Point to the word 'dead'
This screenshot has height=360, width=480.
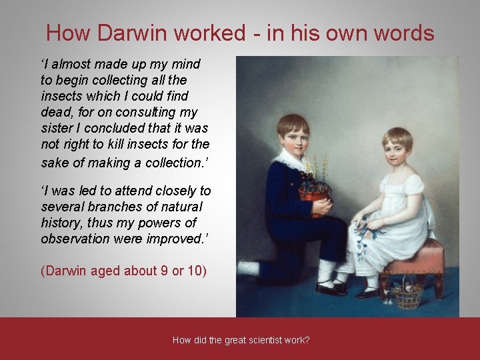pos(57,113)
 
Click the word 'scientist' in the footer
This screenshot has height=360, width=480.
pos(265,340)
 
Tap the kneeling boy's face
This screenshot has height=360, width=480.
pos(293,137)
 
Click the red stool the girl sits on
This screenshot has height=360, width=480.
pos(421,263)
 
